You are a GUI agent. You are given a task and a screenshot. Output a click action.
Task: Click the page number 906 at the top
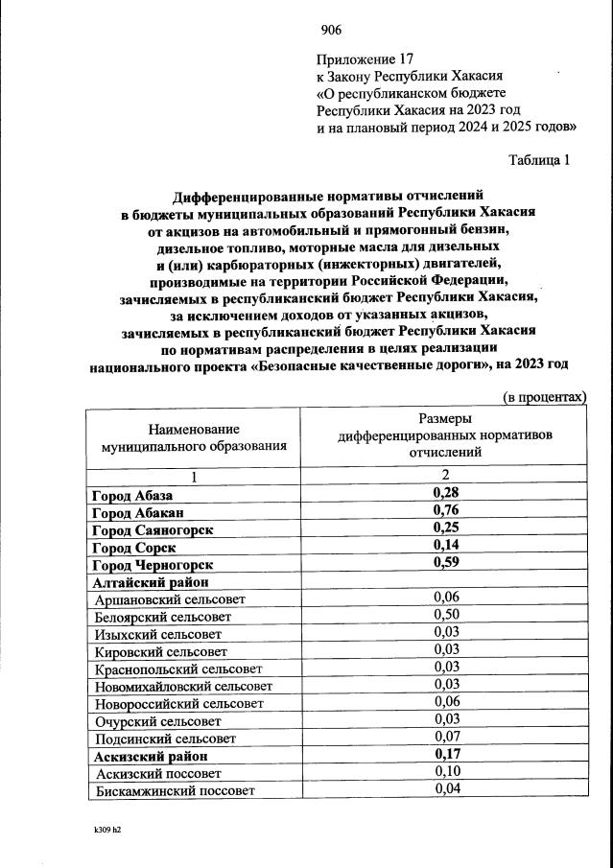tap(331, 29)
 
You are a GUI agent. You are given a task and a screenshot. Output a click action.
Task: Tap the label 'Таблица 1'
tap(539, 160)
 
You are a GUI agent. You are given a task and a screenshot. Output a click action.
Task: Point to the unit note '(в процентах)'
tap(544, 397)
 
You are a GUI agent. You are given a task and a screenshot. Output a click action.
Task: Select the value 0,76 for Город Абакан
tap(444, 512)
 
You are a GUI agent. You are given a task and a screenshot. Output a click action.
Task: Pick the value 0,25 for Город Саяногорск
tap(444, 529)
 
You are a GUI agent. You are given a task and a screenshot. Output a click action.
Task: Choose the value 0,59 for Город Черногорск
tap(444, 564)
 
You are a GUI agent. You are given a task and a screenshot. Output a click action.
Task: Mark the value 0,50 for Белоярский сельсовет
tap(444, 616)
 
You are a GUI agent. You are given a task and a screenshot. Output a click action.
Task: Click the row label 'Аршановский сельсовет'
tap(170, 598)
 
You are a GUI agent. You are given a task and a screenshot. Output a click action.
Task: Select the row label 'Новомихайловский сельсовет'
tap(183, 686)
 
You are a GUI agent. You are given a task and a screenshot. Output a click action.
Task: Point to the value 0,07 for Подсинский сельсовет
tap(444, 738)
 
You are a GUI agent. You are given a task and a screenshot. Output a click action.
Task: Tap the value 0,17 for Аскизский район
tap(444, 755)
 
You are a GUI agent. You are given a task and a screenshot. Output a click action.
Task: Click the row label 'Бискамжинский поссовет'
tap(175, 790)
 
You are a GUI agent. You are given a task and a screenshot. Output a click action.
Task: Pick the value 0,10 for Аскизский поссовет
tap(444, 772)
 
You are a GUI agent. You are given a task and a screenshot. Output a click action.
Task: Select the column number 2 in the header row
tap(444, 477)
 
